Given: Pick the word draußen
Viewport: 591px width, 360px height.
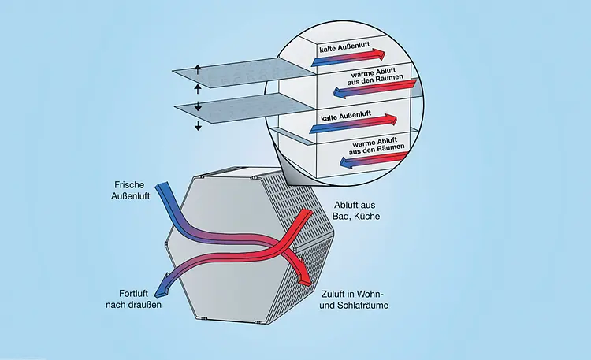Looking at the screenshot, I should point(143,303).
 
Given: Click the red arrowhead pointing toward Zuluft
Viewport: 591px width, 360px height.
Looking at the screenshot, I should point(304,278).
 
